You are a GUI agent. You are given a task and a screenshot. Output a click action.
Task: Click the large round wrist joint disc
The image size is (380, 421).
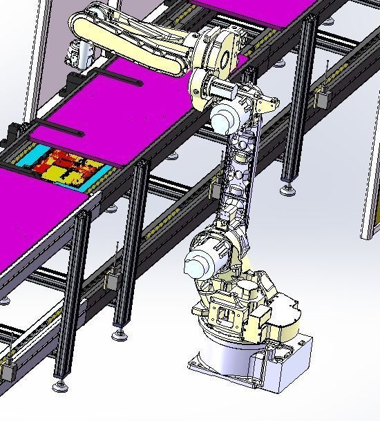(x=221, y=51)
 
